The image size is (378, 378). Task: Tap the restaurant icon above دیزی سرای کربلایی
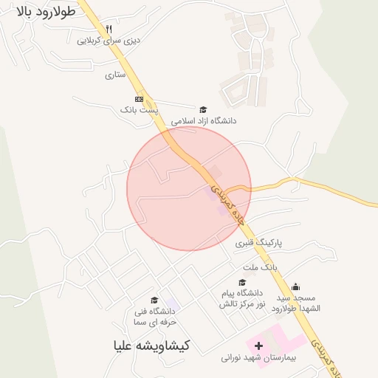coord(109,28)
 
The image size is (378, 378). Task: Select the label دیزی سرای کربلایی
coord(109,41)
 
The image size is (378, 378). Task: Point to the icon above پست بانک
coord(139,98)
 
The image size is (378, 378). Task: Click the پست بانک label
coord(139,109)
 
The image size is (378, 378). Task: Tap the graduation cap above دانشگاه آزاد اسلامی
coord(203,109)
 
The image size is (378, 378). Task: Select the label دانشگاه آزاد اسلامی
coord(203,120)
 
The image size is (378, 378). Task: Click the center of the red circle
coord(189,189)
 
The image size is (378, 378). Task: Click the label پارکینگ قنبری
coord(260,242)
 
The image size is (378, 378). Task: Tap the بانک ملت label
coord(258,267)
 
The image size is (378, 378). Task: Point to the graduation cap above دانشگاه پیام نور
coord(241,283)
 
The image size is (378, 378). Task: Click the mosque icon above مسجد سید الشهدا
coord(295,286)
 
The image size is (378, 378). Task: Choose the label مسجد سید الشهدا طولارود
coord(295,302)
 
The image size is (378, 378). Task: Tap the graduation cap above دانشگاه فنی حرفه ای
coord(154,300)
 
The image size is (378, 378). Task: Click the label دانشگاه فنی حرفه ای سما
coord(154,317)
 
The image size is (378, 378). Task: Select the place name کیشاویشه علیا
coord(151,345)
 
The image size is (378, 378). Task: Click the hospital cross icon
coord(258,346)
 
